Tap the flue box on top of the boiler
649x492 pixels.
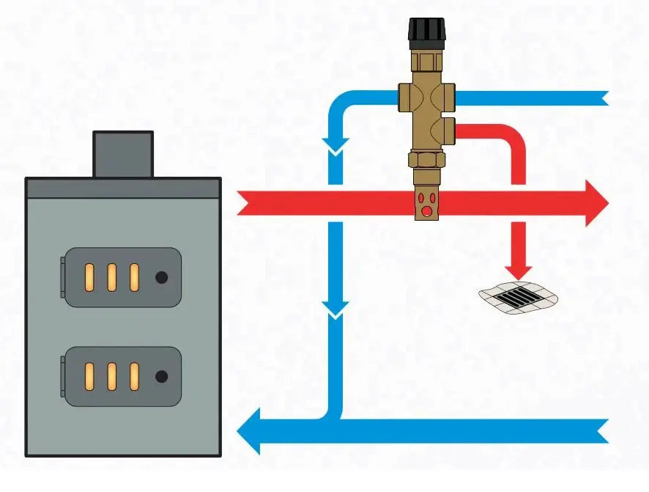tap(123, 154)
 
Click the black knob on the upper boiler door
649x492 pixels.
tap(162, 277)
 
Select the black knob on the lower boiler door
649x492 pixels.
tap(162, 376)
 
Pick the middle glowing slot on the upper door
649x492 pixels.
tap(112, 277)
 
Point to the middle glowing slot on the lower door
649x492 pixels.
tap(112, 376)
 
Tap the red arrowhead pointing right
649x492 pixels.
tap(595, 202)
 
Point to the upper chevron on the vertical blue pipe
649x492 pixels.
tap(335, 147)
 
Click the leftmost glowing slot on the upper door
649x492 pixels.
tap(89, 277)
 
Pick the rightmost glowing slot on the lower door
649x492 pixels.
tap(135, 376)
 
